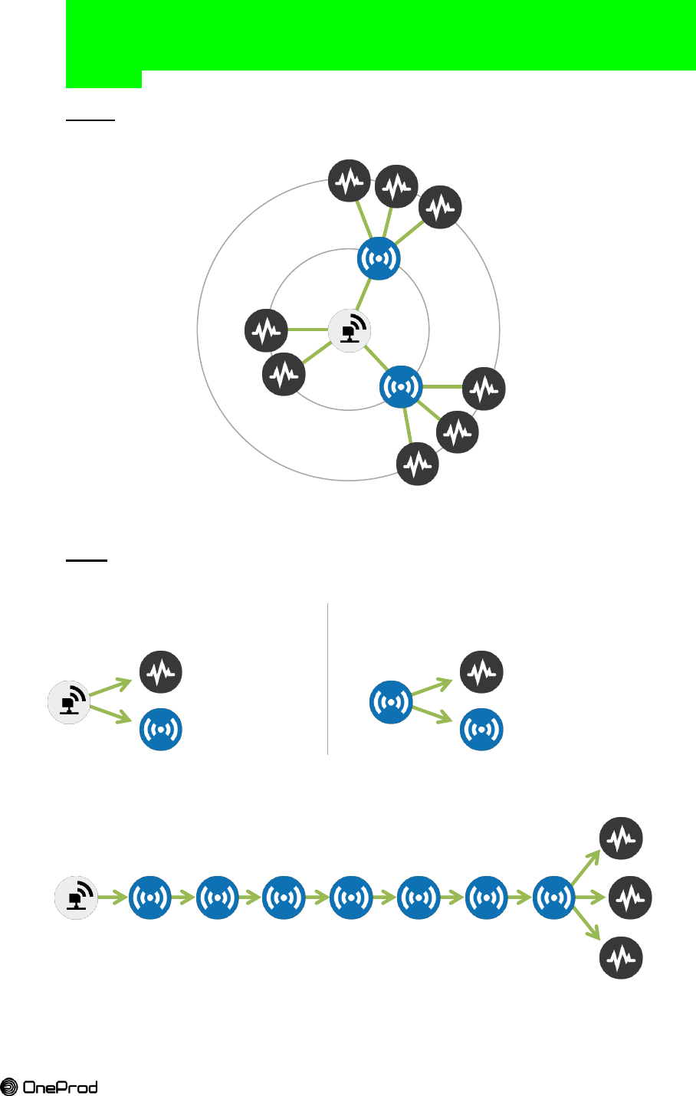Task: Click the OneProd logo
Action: click(49, 1086)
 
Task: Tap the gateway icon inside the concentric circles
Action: click(350, 331)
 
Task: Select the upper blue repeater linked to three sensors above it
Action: click(379, 259)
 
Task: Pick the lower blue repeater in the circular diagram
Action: click(401, 387)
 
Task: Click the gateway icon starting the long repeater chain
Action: click(76, 897)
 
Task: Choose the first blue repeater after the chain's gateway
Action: click(150, 897)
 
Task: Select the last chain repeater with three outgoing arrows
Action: click(553, 897)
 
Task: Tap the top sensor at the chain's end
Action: click(621, 838)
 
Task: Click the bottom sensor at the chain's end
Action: click(621, 957)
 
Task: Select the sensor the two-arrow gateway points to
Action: click(161, 672)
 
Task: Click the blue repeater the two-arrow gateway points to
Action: click(161, 729)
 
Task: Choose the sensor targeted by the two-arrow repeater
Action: click(481, 672)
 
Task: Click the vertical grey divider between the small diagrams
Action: click(328, 679)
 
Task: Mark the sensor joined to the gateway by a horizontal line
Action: click(266, 330)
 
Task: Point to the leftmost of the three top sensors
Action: click(350, 181)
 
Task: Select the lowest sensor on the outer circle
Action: click(418, 464)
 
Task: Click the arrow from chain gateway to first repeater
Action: click(113, 897)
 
